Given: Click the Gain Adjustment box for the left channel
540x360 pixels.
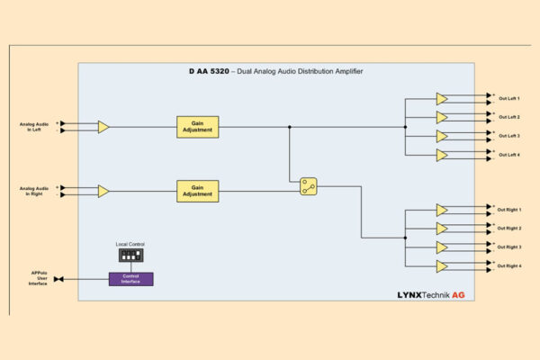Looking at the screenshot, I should tap(197, 127).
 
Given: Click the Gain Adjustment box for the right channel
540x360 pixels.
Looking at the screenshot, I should tap(197, 191).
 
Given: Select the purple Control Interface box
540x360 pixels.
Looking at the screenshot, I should tap(131, 279).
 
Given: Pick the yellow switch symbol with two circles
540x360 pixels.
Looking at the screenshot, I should tap(309, 185).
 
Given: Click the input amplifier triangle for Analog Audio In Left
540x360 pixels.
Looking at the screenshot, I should tap(103, 127).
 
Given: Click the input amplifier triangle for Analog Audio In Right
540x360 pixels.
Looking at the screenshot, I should tap(103, 191).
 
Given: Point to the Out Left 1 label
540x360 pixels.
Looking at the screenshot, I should tap(508, 98).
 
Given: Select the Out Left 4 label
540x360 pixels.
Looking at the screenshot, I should tap(508, 155).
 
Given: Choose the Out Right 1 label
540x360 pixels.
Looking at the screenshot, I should tap(509, 210).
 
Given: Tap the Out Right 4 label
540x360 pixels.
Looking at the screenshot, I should tap(509, 266).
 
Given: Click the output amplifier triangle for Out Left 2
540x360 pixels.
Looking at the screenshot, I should tap(442, 117).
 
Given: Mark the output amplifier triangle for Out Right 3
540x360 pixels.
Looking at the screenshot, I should tap(442, 247).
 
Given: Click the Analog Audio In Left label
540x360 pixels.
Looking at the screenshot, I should tap(35, 127).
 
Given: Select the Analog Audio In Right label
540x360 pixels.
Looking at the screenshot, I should tap(35, 191).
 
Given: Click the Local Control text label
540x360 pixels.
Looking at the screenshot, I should tap(130, 244).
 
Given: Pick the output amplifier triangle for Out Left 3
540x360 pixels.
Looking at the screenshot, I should tap(442, 136).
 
